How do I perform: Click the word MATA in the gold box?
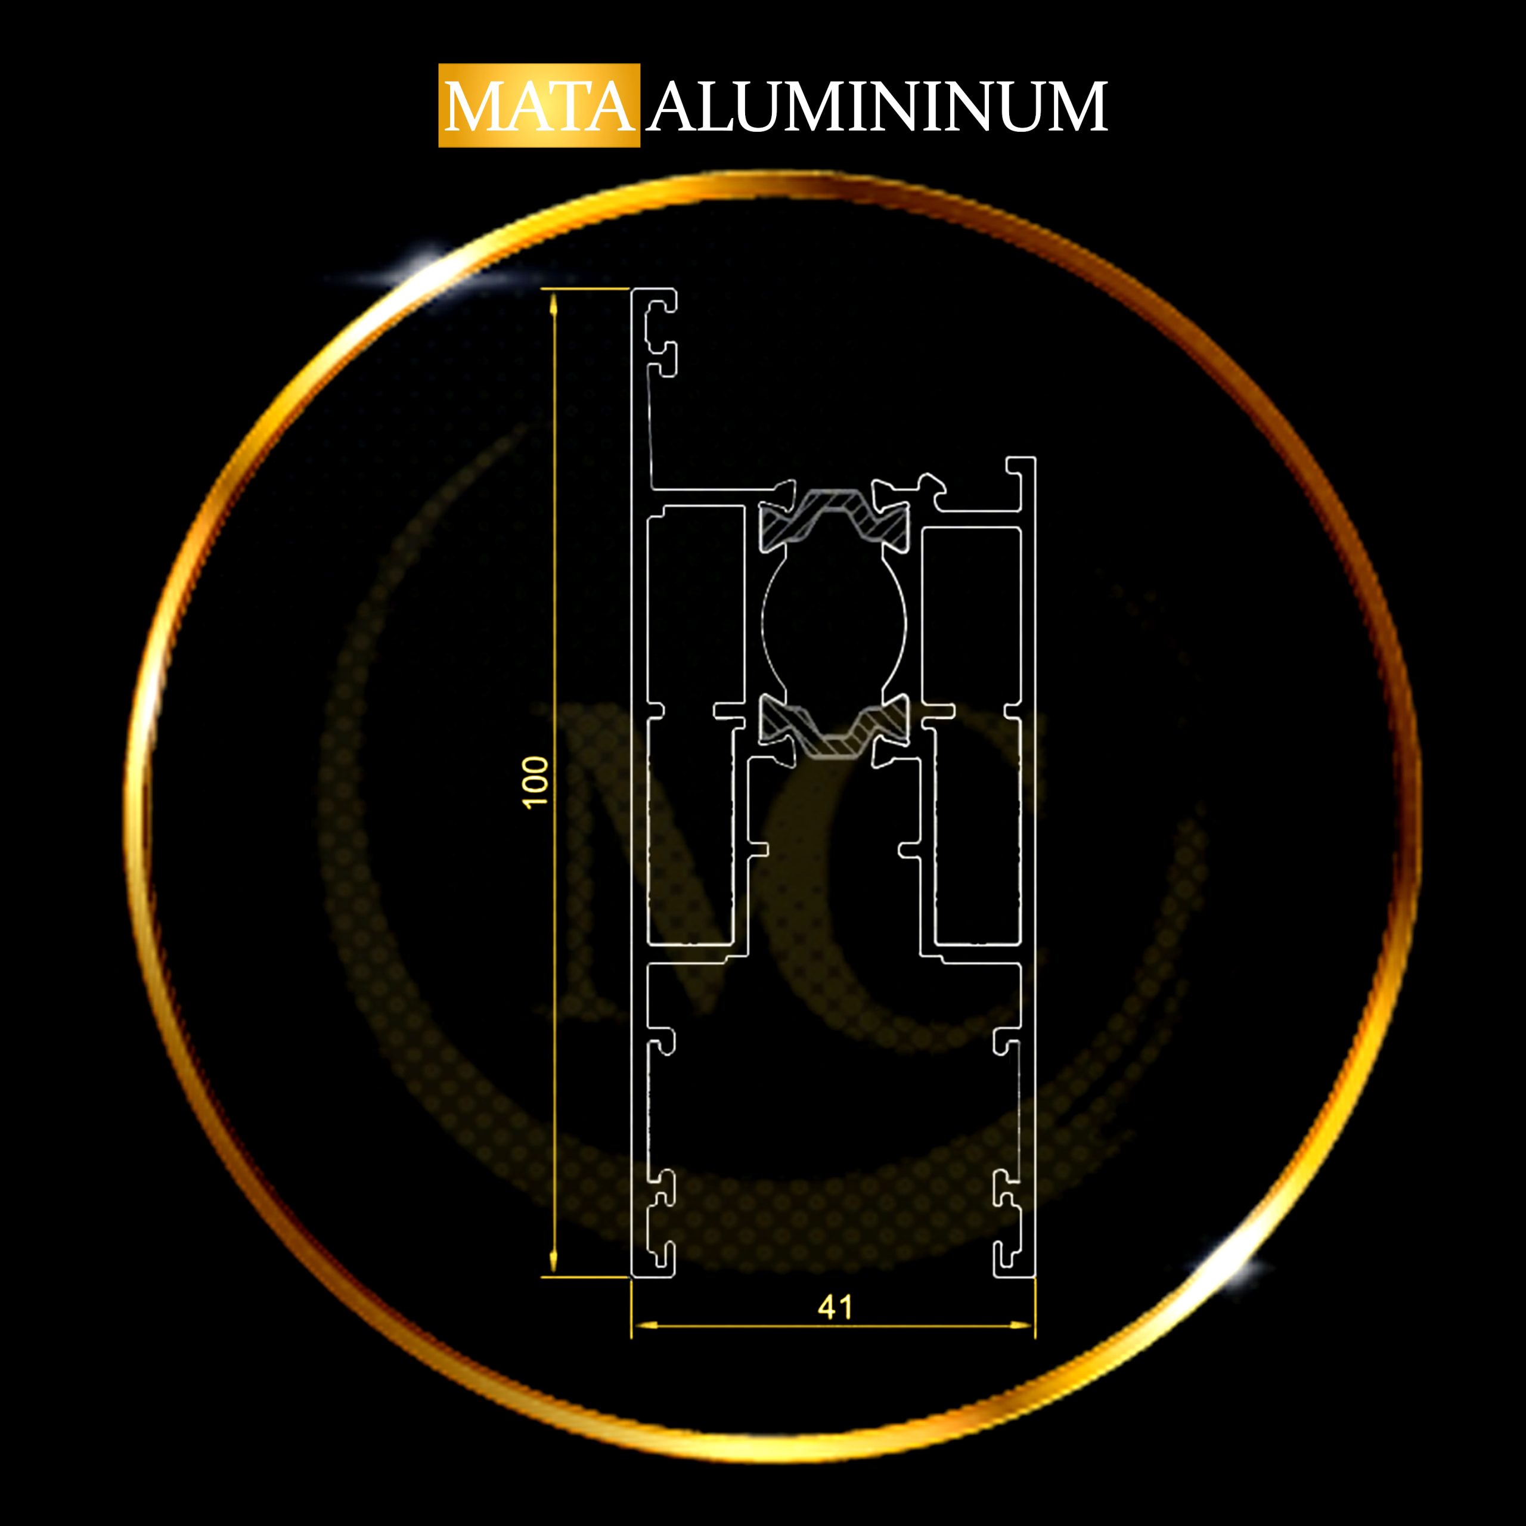[539, 106]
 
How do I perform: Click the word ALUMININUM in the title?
[877, 106]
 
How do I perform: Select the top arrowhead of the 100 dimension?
[554, 302]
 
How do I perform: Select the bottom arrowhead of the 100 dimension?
[554, 1262]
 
